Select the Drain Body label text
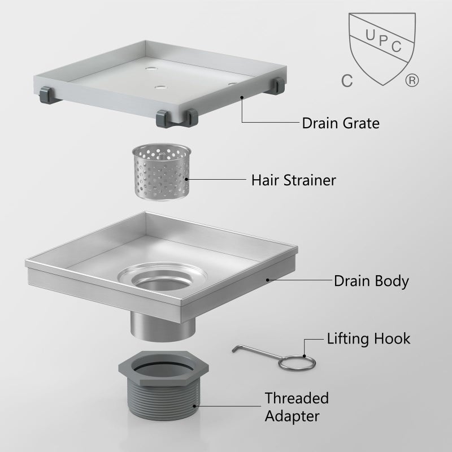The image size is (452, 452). click(x=371, y=281)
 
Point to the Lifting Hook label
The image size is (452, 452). click(x=368, y=339)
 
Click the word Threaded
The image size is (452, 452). click(x=297, y=398)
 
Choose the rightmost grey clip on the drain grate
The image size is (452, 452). click(x=277, y=86)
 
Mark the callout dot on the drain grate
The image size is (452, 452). click(x=242, y=97)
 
